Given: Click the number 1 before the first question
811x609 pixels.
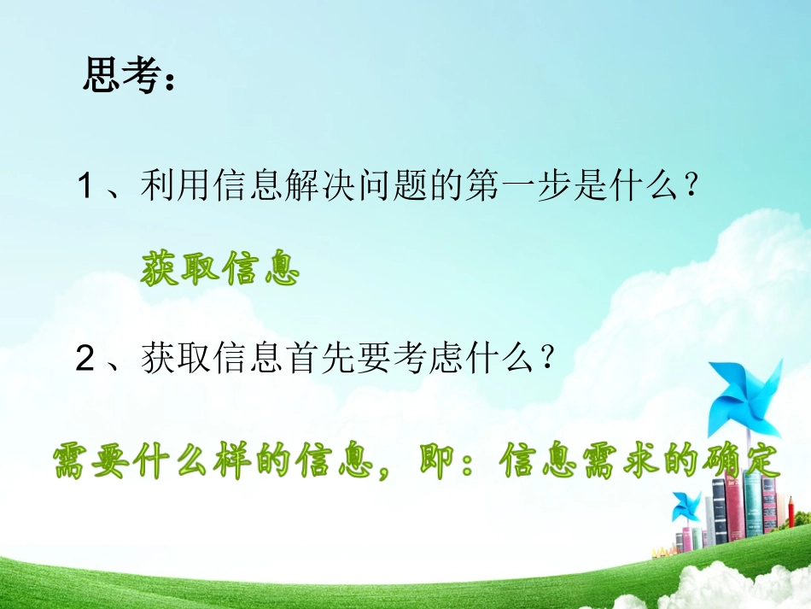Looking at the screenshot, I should (85, 187).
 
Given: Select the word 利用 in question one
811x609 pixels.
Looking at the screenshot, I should (170, 187).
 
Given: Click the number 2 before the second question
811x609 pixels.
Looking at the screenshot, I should (85, 360).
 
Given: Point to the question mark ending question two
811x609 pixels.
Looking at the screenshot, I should (549, 360).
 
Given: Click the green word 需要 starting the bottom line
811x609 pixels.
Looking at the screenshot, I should (96, 463).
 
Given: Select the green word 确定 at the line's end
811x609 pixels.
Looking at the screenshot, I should (741, 463).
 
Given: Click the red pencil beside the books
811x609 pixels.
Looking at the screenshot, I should (791, 512).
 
